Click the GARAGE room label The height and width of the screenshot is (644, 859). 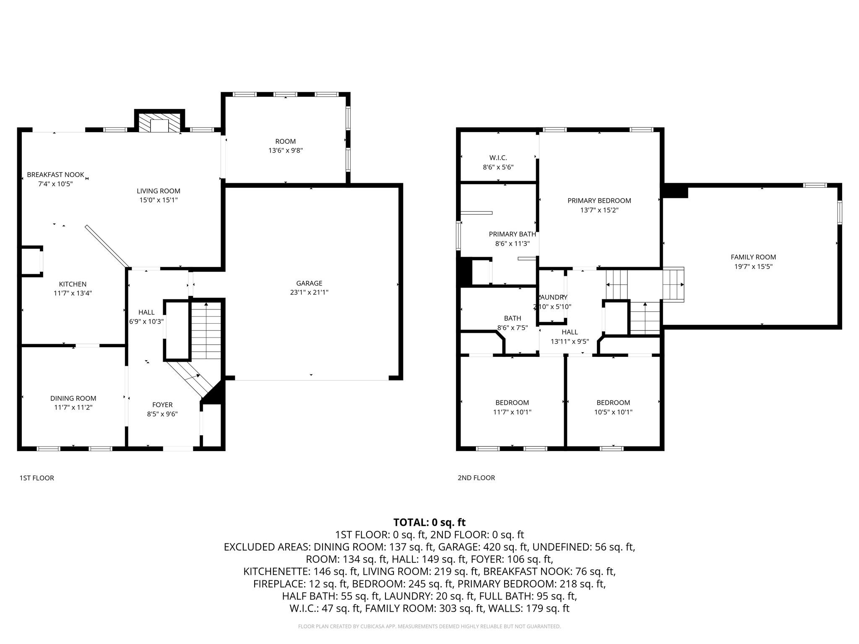[309, 283]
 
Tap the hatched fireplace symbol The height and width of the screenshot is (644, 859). [159, 123]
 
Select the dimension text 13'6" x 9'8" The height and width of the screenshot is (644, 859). [286, 151]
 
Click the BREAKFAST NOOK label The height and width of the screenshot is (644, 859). [55, 174]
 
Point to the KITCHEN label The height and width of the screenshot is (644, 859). [73, 284]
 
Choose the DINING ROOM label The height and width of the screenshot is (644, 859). [73, 398]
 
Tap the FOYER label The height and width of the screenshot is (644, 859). [162, 405]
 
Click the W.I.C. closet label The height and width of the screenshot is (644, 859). [498, 158]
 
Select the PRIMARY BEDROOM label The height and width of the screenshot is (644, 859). [599, 200]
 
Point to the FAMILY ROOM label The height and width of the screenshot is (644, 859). [753, 257]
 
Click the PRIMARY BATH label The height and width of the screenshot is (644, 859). [513, 234]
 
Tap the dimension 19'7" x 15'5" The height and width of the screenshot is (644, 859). [753, 266]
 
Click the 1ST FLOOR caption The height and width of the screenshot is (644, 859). [37, 478]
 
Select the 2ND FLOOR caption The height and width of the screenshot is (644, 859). [476, 478]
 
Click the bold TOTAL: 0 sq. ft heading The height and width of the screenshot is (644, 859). [429, 522]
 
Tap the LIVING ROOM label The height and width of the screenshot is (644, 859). [159, 191]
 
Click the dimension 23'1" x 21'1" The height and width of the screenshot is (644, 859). [309, 292]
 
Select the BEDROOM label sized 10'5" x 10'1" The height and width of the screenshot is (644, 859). [613, 402]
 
